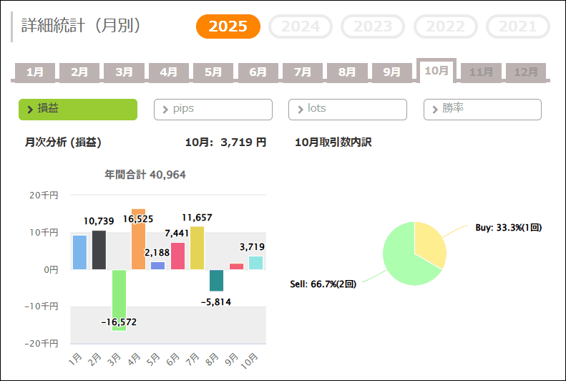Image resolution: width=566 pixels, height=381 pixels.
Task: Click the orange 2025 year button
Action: click(x=228, y=26)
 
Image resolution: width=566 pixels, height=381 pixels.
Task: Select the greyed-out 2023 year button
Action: click(x=374, y=26)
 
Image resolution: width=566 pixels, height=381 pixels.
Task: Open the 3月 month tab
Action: click(x=124, y=72)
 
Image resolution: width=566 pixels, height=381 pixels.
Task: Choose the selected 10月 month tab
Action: click(x=436, y=71)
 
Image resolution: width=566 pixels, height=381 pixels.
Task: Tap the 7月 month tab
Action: click(x=303, y=72)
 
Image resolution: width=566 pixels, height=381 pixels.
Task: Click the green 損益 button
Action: click(x=78, y=109)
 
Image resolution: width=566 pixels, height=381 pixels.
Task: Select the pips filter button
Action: click(x=213, y=109)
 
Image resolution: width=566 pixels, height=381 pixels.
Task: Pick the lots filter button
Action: click(x=348, y=109)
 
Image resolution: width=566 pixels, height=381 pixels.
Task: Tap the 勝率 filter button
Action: click(x=482, y=109)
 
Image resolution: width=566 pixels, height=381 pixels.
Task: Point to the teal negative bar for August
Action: click(x=217, y=280)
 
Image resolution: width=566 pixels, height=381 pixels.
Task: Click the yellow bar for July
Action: click(x=197, y=248)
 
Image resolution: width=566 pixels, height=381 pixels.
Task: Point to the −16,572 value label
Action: click(x=119, y=322)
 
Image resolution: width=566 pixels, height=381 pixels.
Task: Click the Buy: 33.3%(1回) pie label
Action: click(x=509, y=228)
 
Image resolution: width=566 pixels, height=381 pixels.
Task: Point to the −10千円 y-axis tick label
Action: click(x=44, y=307)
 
